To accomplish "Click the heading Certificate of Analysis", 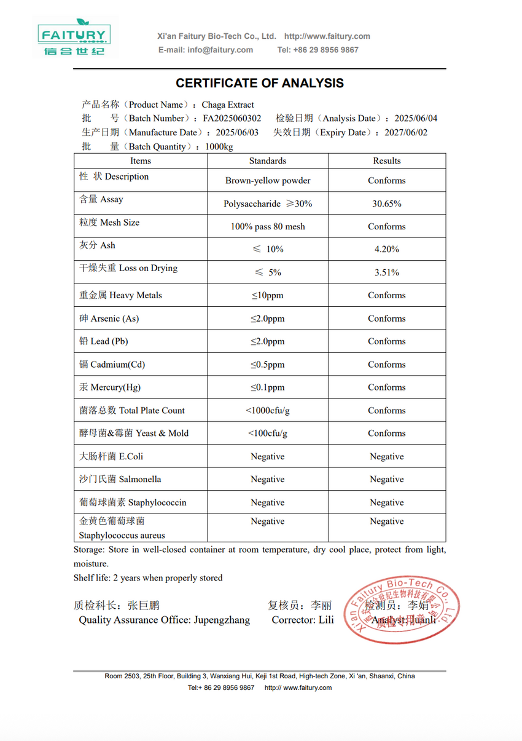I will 260,83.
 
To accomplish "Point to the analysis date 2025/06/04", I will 416,118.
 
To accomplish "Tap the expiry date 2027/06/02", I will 406,132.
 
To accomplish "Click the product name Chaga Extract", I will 228,105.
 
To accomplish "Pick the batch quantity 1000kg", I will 219,146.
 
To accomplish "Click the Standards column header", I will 267,160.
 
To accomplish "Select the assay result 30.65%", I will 387,204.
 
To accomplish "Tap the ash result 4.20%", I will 387,249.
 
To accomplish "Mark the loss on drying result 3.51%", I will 387,272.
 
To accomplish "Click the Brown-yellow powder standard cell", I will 268,181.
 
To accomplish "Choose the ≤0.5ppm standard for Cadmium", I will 267,365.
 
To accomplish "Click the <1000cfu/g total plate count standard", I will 267,410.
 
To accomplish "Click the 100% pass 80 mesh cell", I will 268,226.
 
